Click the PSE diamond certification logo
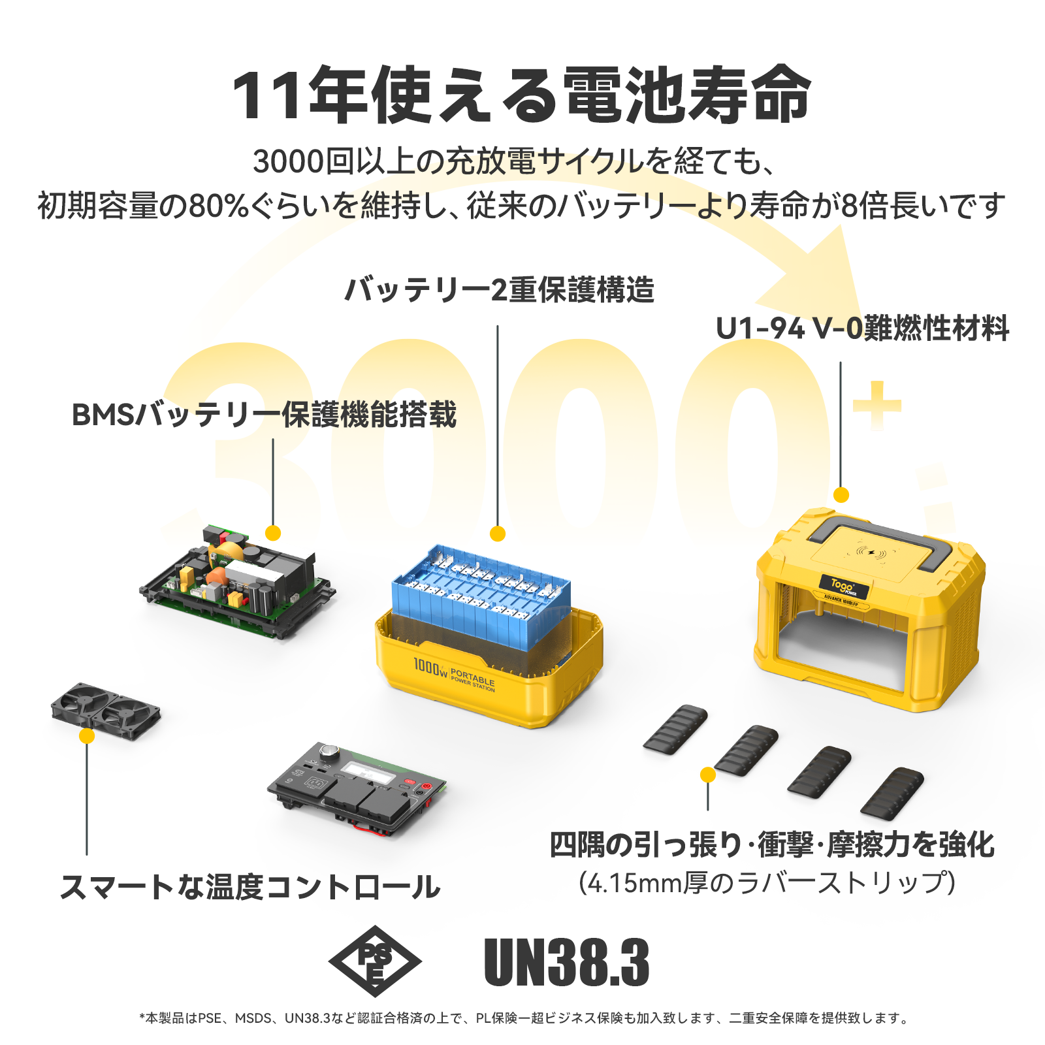coord(374,961)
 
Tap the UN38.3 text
coord(566,962)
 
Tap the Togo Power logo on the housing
coord(844,586)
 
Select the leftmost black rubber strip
coord(675,729)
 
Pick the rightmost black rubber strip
coord(892,792)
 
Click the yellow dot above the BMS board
coord(273,533)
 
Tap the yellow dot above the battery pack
coord(498,534)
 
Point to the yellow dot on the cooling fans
coord(86,736)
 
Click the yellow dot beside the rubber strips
coord(707,775)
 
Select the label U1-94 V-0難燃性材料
coord(862,329)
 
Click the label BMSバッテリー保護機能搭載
coord(264,415)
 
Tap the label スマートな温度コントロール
coord(250,887)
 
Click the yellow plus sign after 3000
coord(876,405)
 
